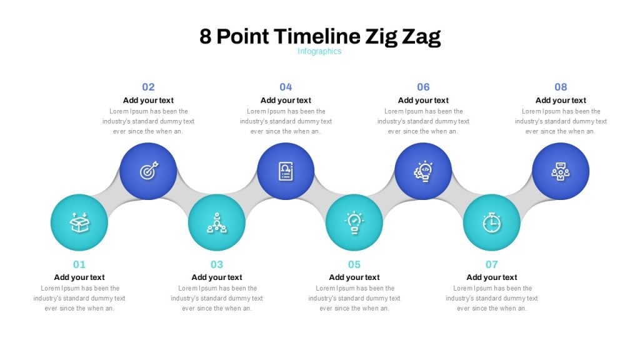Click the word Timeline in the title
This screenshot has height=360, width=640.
tap(317, 36)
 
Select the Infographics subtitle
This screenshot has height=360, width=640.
tap(319, 51)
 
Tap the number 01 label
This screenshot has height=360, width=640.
tap(79, 264)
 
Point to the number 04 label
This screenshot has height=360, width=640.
tap(286, 87)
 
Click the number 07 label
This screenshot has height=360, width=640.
tap(492, 264)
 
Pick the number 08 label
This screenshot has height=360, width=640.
tap(561, 87)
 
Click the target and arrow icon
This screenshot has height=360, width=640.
tap(149, 171)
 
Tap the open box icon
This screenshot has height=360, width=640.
tap(79, 222)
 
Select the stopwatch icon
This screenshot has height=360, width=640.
tap(492, 223)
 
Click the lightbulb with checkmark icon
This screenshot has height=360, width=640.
tap(354, 222)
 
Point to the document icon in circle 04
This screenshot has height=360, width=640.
tap(286, 171)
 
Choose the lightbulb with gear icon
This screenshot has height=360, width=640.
tap(423, 171)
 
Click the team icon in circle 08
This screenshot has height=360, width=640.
tap(561, 171)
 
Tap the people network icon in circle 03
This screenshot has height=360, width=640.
tap(217, 223)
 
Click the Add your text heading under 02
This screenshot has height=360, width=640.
tap(148, 101)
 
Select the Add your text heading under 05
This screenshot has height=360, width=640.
tap(354, 277)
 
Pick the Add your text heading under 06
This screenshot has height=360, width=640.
tap(423, 101)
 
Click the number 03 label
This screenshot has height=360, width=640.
tap(217, 264)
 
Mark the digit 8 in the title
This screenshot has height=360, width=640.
tap(205, 36)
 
